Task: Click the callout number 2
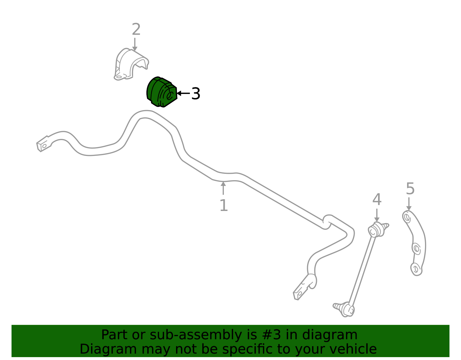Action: [136, 29]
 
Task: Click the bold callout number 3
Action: [196, 93]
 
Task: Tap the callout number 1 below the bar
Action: [224, 205]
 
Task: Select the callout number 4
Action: [377, 199]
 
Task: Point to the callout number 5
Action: [410, 189]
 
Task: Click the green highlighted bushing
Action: [162, 92]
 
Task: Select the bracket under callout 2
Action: [131, 64]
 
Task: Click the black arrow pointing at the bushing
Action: [183, 93]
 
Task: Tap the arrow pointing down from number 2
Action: [135, 44]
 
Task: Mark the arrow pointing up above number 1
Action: [223, 188]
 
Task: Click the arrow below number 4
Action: [377, 215]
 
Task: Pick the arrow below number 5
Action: [409, 204]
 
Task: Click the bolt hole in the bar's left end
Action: [44, 146]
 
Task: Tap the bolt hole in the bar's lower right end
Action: [300, 293]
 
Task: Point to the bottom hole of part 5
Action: [415, 269]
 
